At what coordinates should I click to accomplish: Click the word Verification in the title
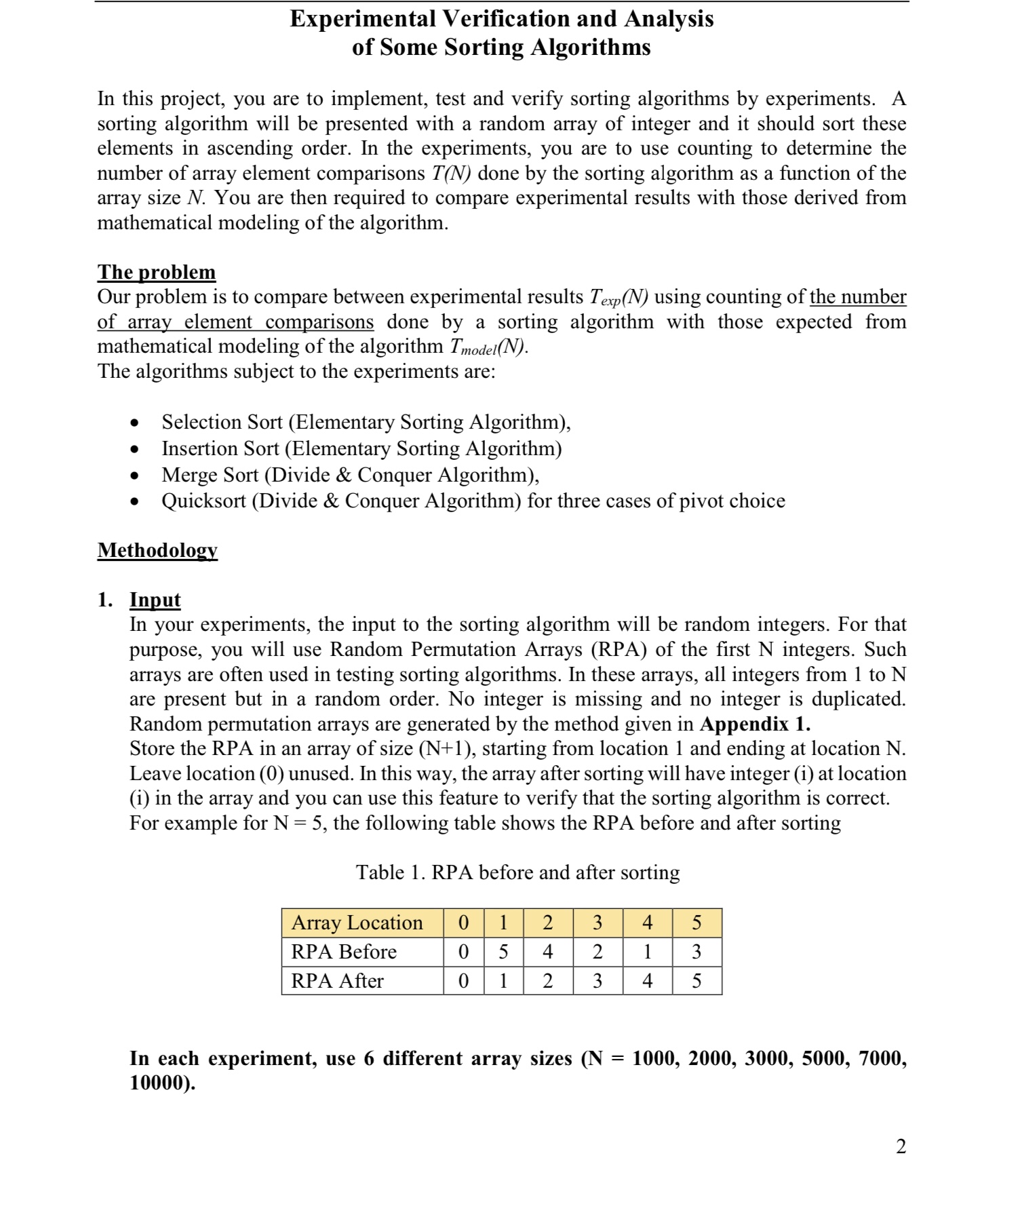click(x=505, y=18)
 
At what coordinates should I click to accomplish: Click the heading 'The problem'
click(x=157, y=272)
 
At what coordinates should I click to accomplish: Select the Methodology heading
click(x=157, y=549)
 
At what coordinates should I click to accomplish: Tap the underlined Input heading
click(x=155, y=600)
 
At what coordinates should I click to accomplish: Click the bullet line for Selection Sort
click(x=366, y=422)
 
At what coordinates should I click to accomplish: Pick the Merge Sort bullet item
click(x=350, y=474)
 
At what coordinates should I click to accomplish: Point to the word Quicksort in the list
click(x=203, y=501)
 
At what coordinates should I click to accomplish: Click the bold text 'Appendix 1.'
click(x=755, y=724)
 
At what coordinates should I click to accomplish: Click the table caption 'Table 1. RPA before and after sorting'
click(x=517, y=872)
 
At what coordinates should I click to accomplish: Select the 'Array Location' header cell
click(x=357, y=923)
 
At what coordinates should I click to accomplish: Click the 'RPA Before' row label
click(x=343, y=952)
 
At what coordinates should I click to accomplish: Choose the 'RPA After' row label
click(x=337, y=981)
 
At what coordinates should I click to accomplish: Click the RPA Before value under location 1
click(x=503, y=952)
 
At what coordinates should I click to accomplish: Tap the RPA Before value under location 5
click(x=697, y=952)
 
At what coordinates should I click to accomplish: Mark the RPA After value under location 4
click(x=647, y=981)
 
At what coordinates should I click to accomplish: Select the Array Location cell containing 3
click(x=597, y=923)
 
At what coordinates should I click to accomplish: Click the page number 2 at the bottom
click(x=901, y=1146)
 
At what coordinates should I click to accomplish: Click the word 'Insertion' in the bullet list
click(x=195, y=448)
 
